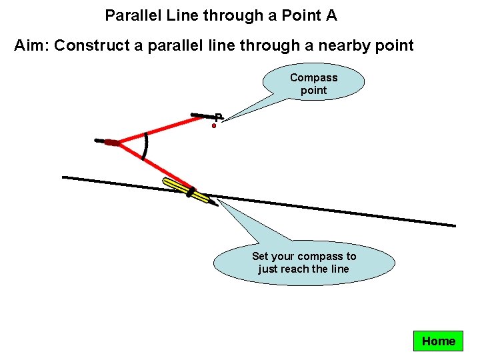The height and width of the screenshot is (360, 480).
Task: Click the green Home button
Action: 438,341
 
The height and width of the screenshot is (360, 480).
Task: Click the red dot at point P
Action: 214,125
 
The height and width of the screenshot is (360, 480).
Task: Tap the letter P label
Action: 218,117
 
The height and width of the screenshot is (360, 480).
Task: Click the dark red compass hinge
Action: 111,143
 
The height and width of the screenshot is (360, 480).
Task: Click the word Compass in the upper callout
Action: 313,78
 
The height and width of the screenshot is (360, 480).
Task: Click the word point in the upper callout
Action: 313,91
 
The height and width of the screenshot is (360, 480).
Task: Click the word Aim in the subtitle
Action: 31,46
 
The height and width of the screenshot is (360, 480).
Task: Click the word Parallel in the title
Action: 129,15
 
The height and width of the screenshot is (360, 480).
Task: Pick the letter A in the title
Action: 331,15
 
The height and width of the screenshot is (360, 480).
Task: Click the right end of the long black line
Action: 454,225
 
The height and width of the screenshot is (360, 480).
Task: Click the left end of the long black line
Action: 64,177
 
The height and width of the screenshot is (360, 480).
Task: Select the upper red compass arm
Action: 163,129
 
